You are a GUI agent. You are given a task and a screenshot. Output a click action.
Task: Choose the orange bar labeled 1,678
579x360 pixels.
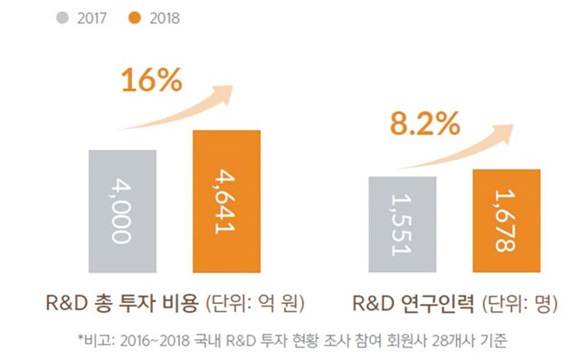click(x=506, y=221)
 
